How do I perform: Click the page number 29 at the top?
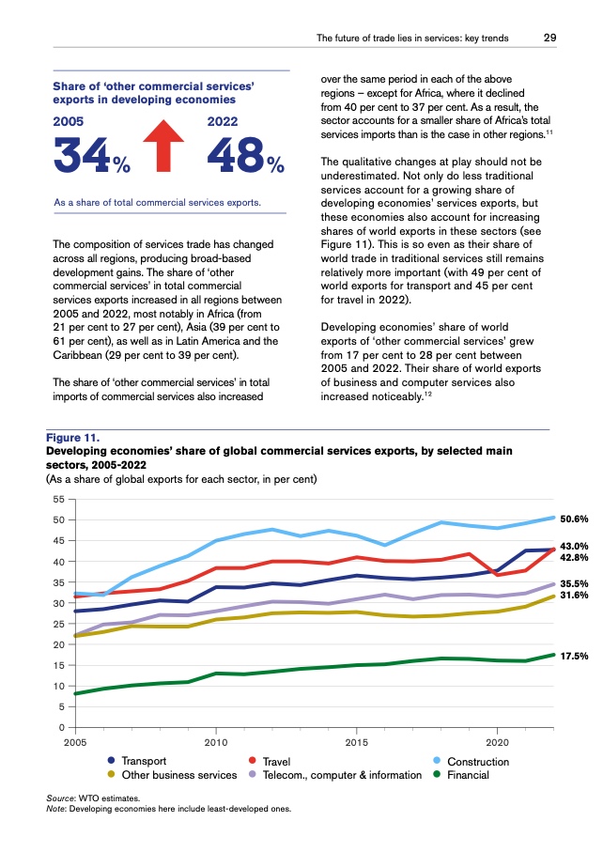pos(552,39)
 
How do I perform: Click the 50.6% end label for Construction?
pos(573,519)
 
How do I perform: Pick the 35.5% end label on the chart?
pos(573,583)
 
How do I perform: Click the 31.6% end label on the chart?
pos(573,595)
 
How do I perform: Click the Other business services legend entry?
pos(172,775)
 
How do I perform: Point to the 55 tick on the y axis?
pos(58,499)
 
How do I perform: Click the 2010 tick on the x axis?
pos(216,742)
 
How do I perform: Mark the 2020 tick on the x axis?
pos(497,742)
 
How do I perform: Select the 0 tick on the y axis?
pos(61,727)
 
